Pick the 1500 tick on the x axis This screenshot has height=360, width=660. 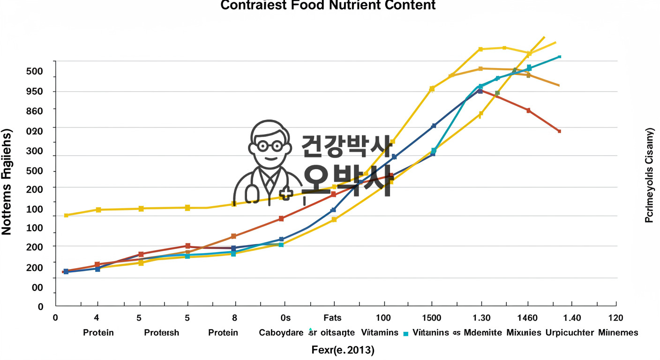coord(431,318)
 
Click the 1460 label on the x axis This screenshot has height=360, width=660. coord(528,318)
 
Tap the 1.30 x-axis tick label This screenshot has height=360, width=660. coord(481,318)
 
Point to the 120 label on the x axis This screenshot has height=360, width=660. coord(615,318)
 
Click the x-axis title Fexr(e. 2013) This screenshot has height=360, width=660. coord(343,350)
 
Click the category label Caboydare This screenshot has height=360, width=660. coord(281,333)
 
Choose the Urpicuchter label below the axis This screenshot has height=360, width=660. coord(570,333)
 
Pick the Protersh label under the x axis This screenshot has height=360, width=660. coord(161,333)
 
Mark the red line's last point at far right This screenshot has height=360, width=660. coord(559,131)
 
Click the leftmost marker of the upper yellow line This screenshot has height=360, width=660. coord(66,215)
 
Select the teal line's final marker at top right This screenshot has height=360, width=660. coord(559,57)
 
